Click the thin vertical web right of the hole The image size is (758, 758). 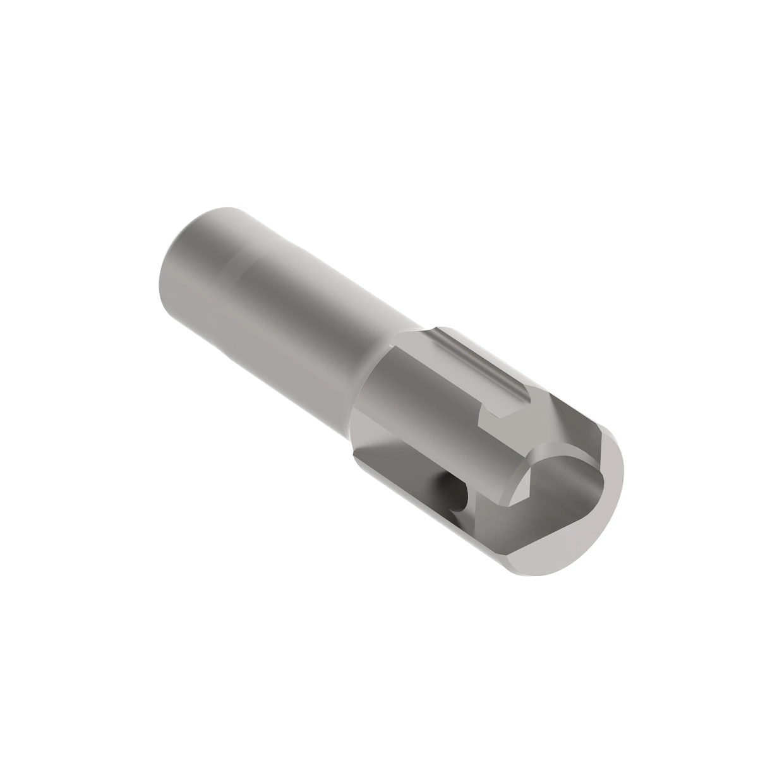(471, 505)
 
